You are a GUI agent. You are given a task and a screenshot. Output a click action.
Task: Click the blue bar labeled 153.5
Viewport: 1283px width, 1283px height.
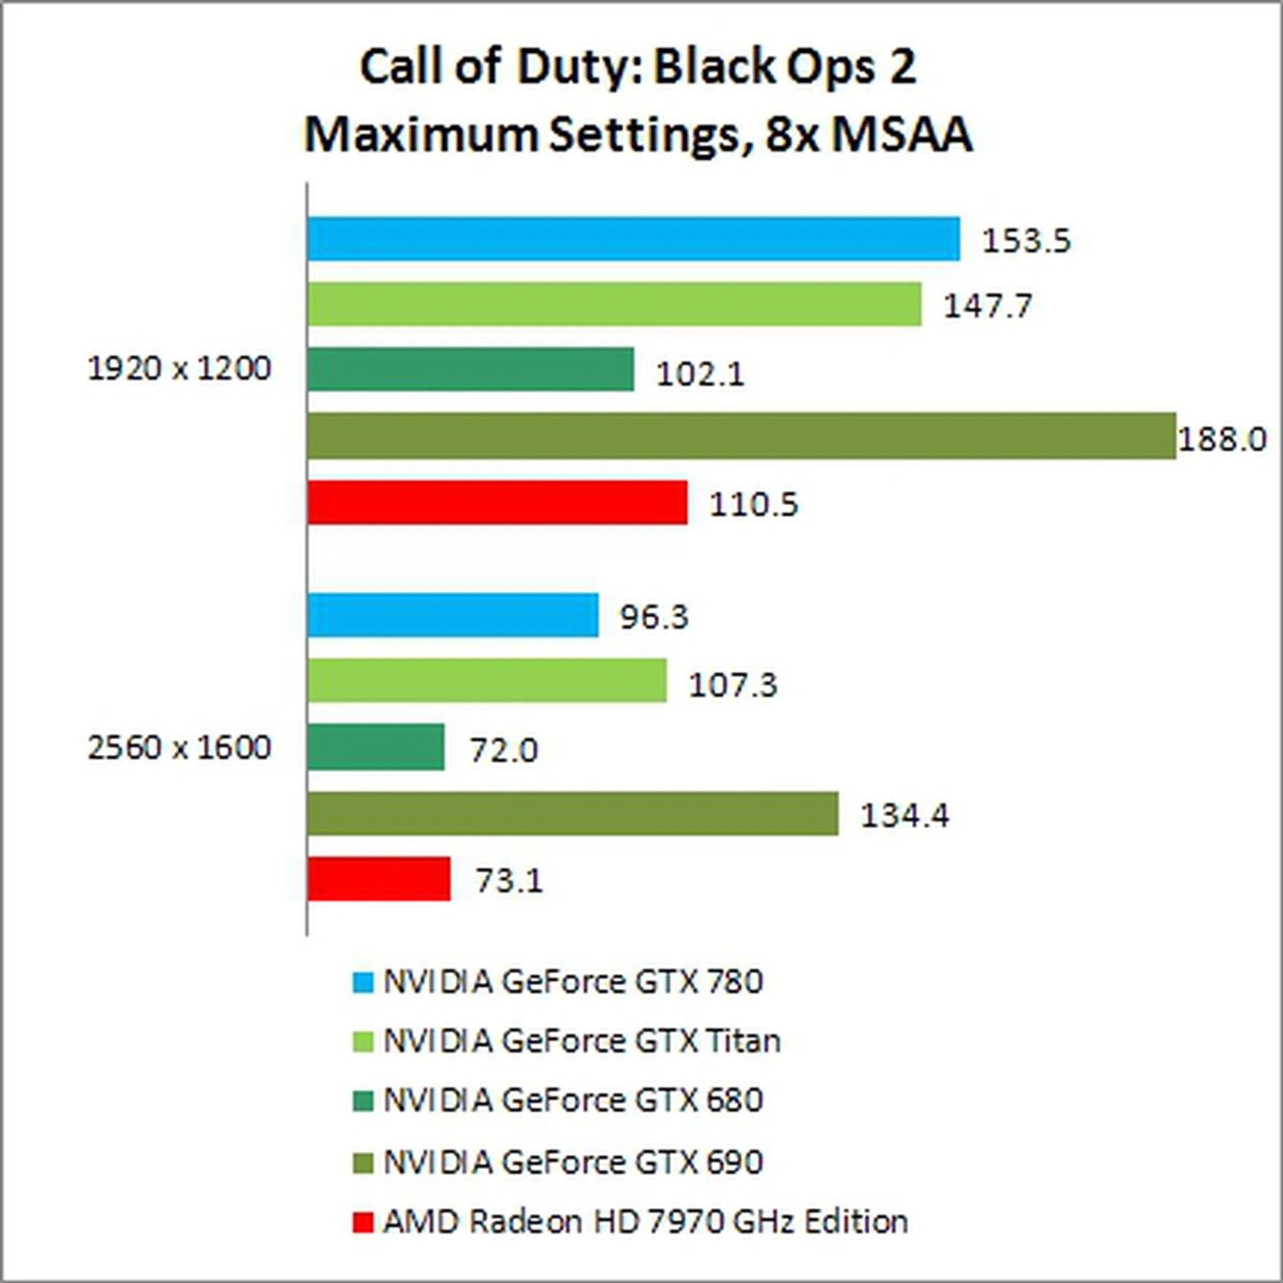pos(633,239)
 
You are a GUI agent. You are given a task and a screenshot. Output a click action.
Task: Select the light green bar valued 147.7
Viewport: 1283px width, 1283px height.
pos(615,304)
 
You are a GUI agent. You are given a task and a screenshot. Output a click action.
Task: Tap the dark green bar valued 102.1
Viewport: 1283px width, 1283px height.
pos(470,369)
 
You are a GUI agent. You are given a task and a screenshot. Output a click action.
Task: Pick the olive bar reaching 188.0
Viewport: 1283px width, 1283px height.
pos(742,436)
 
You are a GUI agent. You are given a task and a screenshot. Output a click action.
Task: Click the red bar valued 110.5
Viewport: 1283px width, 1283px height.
pos(497,502)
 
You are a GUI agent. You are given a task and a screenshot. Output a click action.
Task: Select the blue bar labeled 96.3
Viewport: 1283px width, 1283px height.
pos(453,615)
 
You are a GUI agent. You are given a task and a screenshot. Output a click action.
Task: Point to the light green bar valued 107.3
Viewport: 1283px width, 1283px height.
pos(487,680)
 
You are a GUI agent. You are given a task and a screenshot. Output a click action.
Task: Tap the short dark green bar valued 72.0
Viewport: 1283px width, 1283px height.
pos(376,746)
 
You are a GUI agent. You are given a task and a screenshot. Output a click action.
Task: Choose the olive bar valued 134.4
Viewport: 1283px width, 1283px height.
pos(573,813)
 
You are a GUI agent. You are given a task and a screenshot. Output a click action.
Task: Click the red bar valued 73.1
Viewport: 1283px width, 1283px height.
pos(379,879)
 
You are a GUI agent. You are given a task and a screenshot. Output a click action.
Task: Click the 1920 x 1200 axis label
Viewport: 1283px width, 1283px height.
pos(179,369)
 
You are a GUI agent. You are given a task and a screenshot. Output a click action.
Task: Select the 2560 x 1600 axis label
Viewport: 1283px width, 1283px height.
pos(179,747)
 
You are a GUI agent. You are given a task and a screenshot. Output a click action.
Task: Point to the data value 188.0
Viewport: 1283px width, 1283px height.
pos(1222,440)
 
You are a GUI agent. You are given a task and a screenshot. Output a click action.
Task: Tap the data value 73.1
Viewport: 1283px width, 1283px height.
pos(509,881)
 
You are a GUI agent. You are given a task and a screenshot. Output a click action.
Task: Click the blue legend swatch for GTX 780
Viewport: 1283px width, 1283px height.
pos(362,982)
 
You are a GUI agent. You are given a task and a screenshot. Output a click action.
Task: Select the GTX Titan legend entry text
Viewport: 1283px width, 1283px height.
pos(581,1041)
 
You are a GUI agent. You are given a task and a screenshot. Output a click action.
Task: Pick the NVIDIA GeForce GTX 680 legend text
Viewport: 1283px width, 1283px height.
pos(573,1100)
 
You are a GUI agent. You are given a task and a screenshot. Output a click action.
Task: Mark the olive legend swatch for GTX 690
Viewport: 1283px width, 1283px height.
pos(362,1163)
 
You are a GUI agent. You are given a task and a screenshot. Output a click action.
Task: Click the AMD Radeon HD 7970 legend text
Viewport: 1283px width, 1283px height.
pos(645,1222)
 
